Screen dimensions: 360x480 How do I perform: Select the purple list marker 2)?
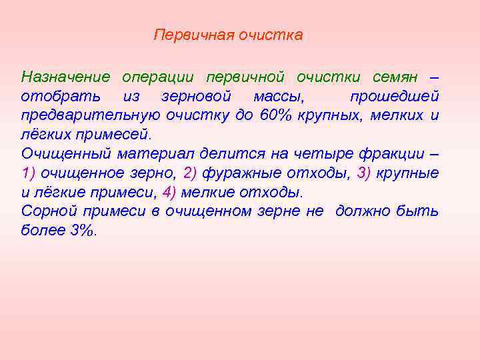pyautogui.click(x=189, y=174)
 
